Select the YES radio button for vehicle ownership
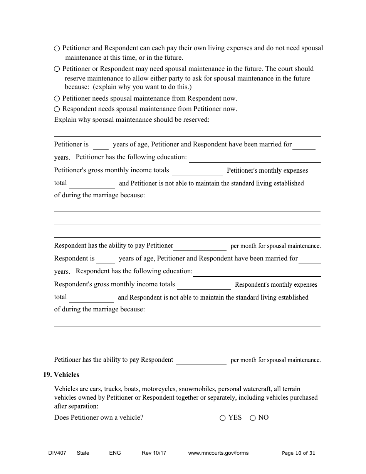click(x=222, y=418)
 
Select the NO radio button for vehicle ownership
click(x=253, y=418)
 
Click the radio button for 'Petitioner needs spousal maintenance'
click(x=57, y=99)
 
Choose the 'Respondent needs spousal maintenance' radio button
click(x=57, y=109)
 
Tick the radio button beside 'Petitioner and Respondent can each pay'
click(x=57, y=49)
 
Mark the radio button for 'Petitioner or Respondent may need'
click(x=57, y=69)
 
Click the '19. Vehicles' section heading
click(x=61, y=375)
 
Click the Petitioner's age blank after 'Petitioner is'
click(x=101, y=145)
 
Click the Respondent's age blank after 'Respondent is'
click(x=105, y=259)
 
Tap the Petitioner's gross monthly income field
click(x=197, y=171)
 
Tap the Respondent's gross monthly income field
click(x=204, y=285)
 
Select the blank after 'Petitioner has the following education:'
click(x=255, y=158)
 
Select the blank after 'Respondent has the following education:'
click(x=257, y=272)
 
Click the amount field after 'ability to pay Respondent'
click(x=201, y=361)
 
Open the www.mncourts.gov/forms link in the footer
click(x=218, y=453)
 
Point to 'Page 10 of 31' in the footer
click(x=298, y=453)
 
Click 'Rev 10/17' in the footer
click(x=154, y=453)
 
